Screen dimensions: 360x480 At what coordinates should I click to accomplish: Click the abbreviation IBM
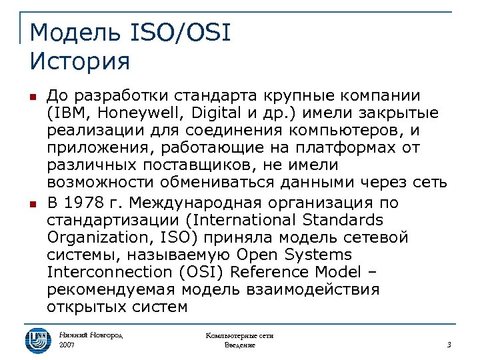pyautogui.click(x=68, y=113)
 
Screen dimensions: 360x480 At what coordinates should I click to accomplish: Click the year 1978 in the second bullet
pyautogui.click(x=87, y=203)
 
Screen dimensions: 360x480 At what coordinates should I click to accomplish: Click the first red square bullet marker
pyautogui.click(x=32, y=96)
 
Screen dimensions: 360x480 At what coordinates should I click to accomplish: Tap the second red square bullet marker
pyautogui.click(x=32, y=203)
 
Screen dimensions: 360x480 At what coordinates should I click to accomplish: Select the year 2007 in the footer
pyautogui.click(x=67, y=345)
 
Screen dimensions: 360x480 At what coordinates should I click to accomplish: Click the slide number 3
pyautogui.click(x=449, y=345)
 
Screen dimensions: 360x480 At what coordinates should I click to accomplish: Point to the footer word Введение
pyautogui.click(x=239, y=345)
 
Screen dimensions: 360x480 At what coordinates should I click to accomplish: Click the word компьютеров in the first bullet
pyautogui.click(x=369, y=130)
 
